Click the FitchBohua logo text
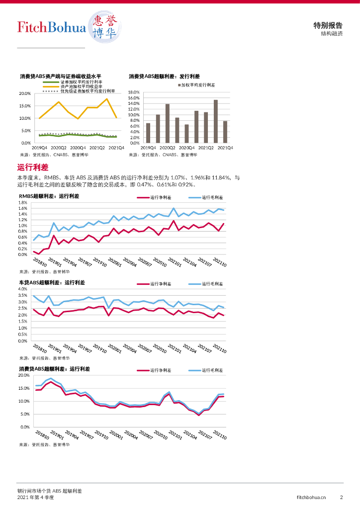click(x=51, y=27)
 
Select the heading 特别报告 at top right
click(x=328, y=25)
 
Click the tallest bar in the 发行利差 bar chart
click(x=216, y=121)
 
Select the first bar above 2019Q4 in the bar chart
click(x=148, y=133)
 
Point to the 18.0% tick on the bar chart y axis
click(x=134, y=92)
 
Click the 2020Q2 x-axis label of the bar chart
click(x=168, y=148)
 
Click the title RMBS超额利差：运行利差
click(x=49, y=196)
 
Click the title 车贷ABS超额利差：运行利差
click(x=52, y=282)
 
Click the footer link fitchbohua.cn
click(x=311, y=497)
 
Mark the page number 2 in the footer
click(x=342, y=497)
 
